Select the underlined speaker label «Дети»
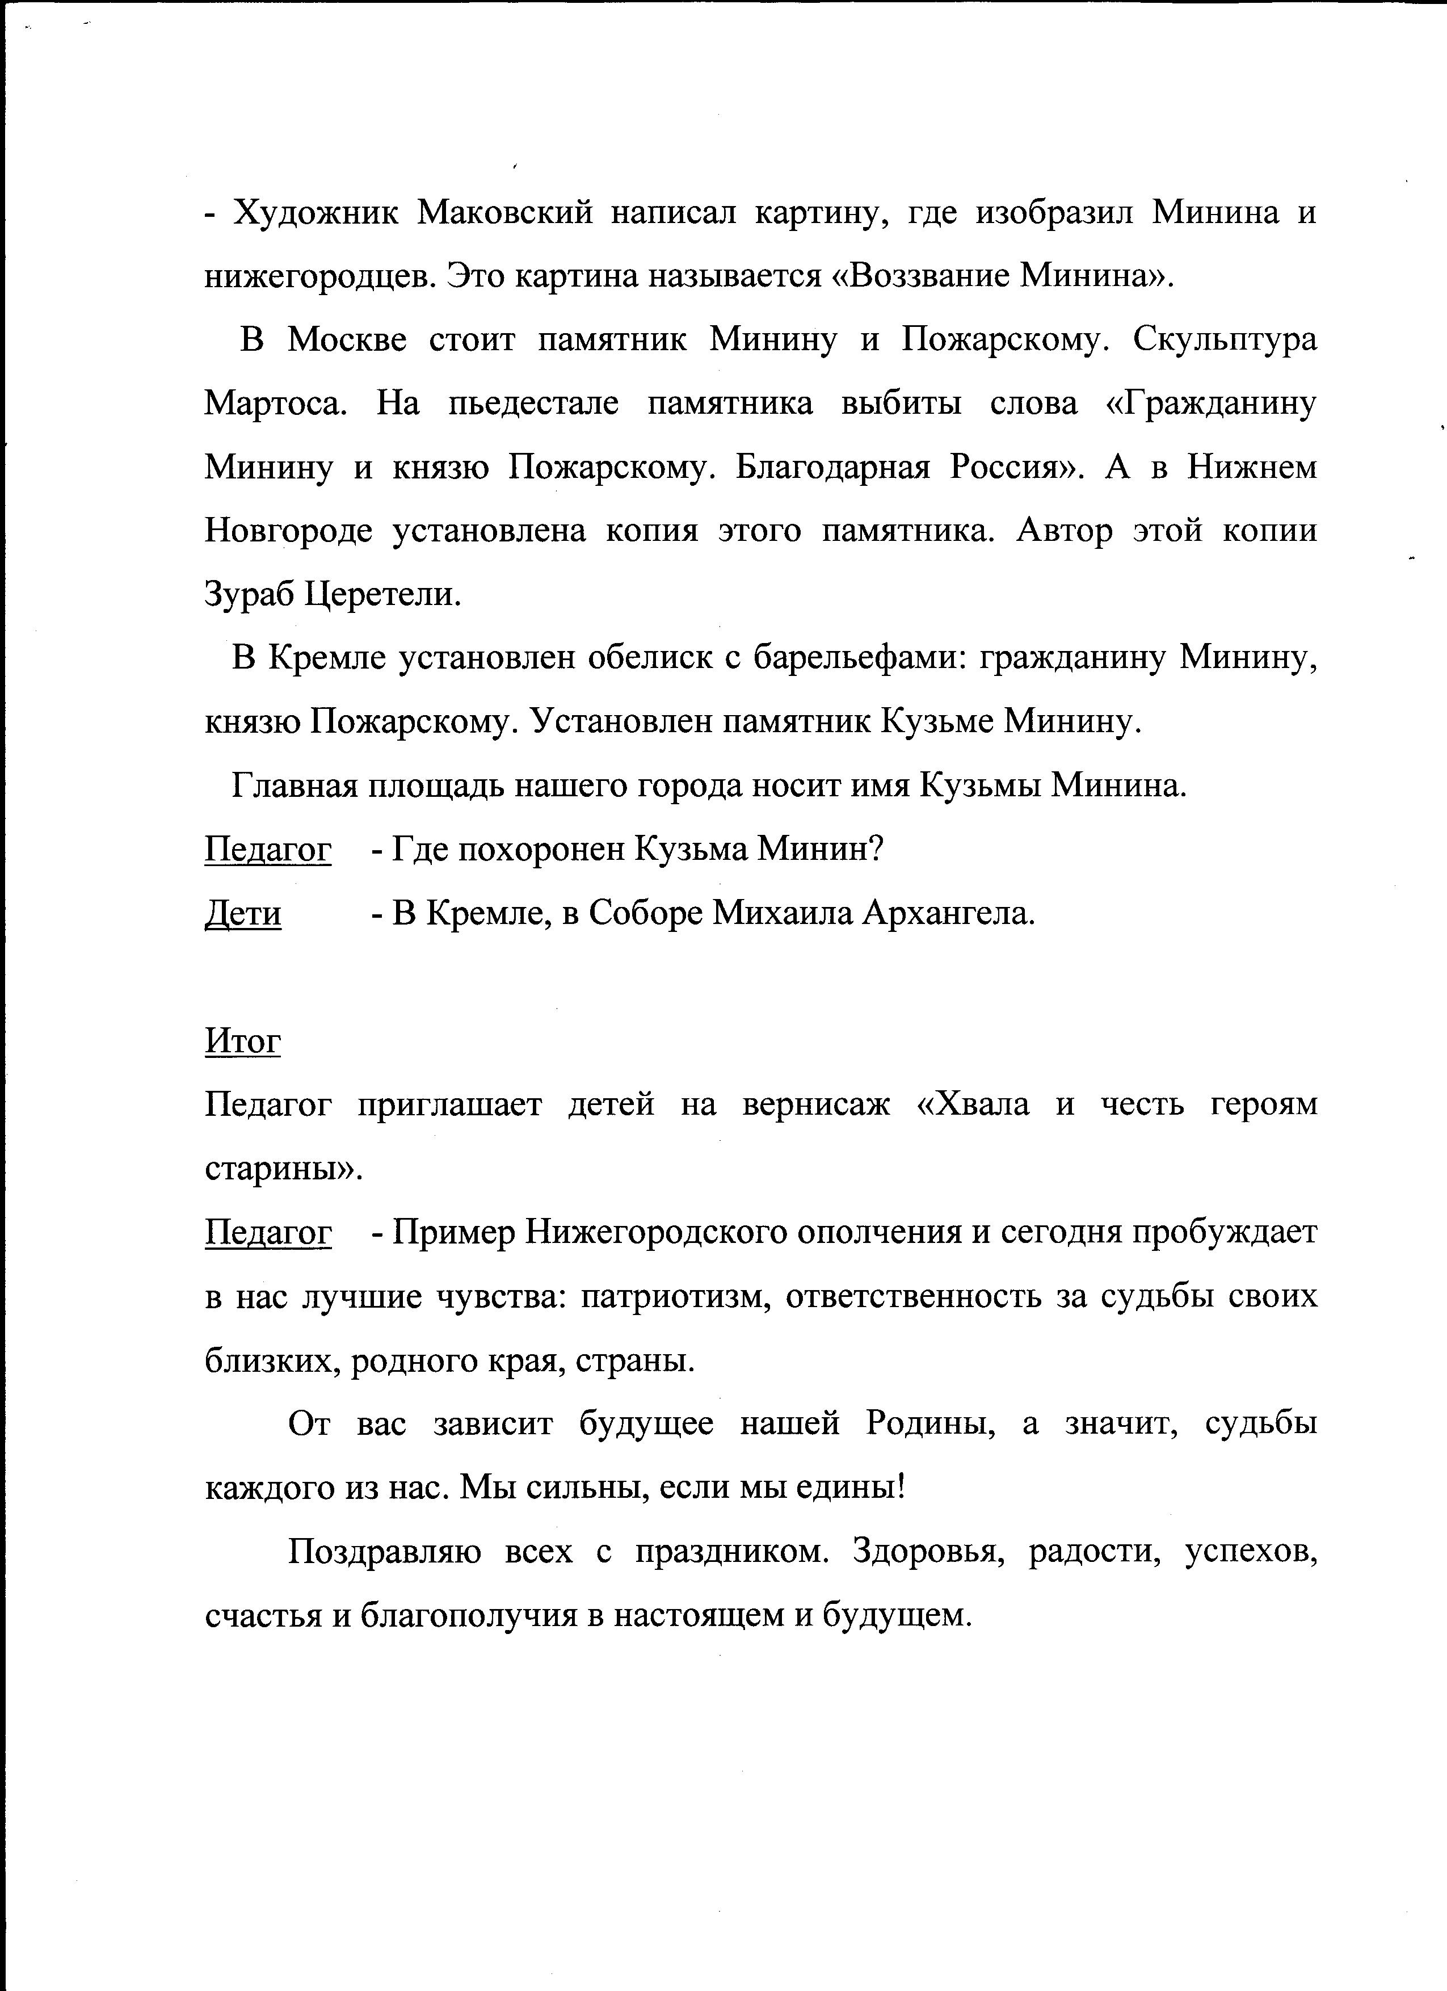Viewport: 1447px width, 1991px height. click(x=243, y=914)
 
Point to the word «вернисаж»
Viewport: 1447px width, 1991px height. click(x=815, y=1104)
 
